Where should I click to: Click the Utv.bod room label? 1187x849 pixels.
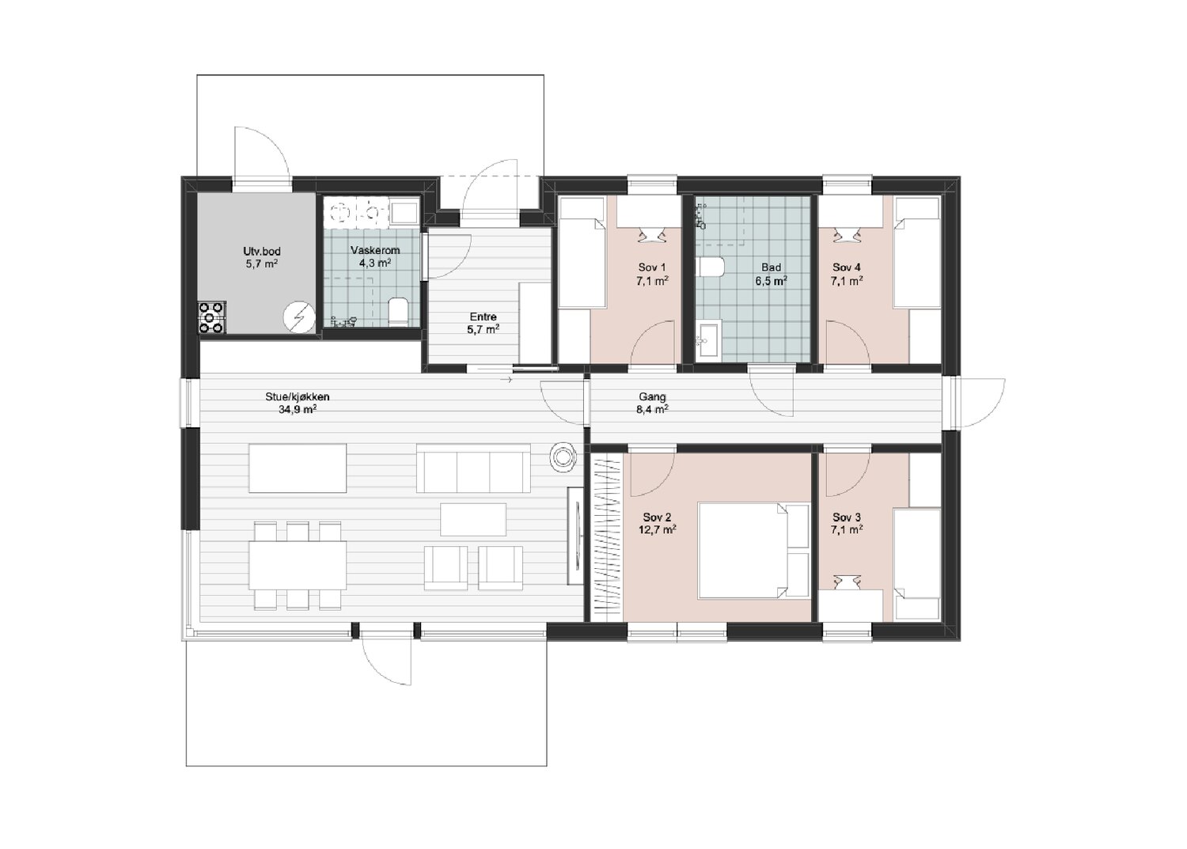262,258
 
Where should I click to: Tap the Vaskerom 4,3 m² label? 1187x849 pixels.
375,256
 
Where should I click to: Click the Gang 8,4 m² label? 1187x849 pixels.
652,402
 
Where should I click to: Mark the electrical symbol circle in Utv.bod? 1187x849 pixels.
299,317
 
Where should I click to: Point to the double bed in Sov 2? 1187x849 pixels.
753,551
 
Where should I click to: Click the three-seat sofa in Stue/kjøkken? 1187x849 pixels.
473,468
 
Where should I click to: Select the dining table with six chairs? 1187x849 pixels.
298,565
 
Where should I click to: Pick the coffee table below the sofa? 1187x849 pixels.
473,519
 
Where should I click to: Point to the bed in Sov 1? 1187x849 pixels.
582,252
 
